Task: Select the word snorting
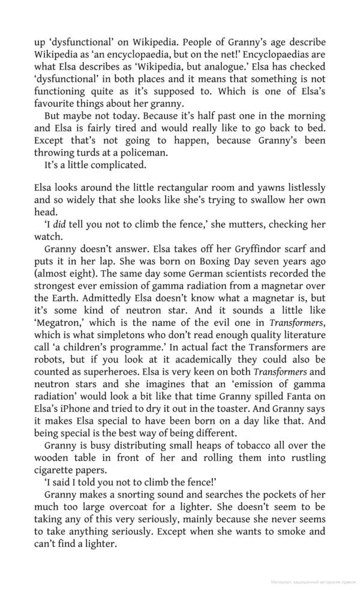140,495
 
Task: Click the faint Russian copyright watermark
313,582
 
